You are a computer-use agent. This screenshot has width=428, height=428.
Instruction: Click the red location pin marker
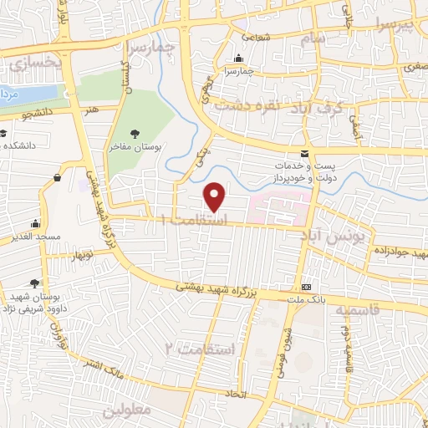[216, 196]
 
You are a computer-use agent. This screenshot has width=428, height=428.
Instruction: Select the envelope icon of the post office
[303, 152]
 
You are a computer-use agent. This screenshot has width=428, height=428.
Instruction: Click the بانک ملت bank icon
[307, 282]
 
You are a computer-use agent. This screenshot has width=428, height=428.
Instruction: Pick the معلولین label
[127, 411]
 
